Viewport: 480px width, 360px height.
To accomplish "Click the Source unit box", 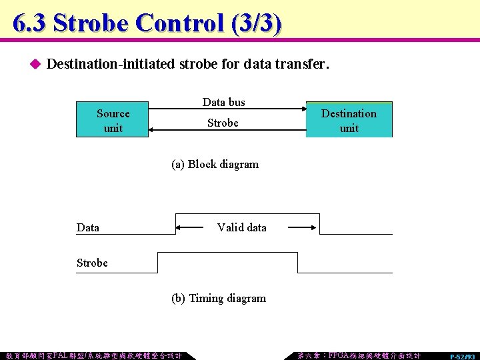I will click(113, 120).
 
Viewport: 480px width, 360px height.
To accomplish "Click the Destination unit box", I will click(349, 120).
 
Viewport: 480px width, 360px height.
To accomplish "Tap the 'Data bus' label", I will click(223, 102).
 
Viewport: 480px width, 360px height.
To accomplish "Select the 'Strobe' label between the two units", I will click(223, 123).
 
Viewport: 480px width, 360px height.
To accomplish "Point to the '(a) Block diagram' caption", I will click(215, 164).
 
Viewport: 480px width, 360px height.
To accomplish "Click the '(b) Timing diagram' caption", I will click(219, 298).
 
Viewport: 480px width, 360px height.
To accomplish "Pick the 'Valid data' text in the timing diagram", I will click(241, 227).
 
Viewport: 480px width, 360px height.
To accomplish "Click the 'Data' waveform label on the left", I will click(88, 227).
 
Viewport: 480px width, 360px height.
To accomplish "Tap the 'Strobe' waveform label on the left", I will click(92, 263).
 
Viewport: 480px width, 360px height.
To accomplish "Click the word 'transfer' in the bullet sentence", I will click(305, 65).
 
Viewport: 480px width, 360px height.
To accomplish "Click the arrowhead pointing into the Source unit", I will click(151, 129).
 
